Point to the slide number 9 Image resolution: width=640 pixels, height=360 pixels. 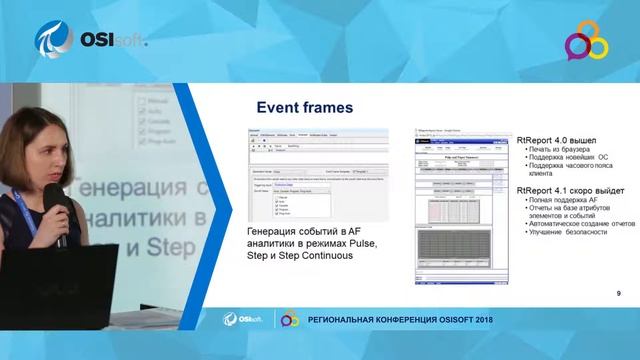(x=619, y=293)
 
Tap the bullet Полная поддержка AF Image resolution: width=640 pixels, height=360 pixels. (x=565, y=201)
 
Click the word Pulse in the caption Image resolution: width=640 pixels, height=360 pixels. (x=359, y=244)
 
